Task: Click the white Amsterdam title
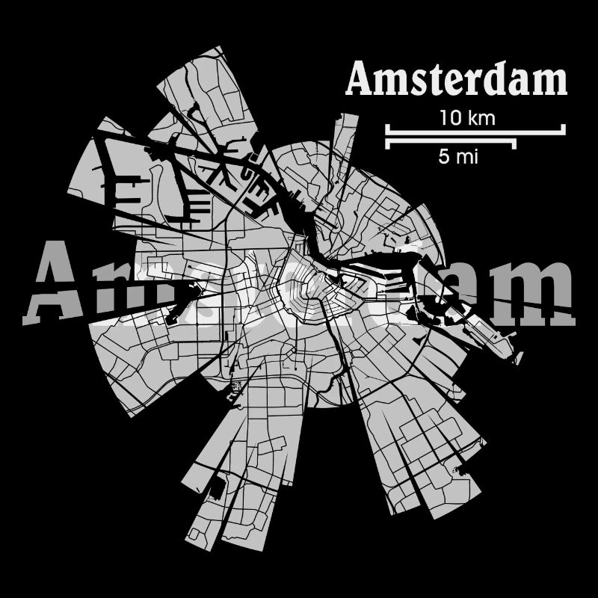[457, 80]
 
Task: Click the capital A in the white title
[361, 80]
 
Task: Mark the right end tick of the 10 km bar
[564, 129]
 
